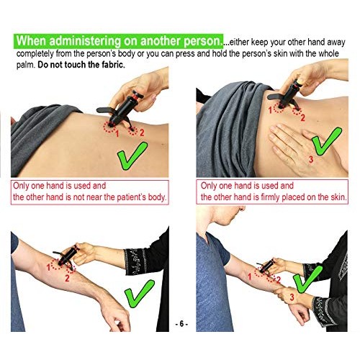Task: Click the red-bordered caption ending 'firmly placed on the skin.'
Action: point(273,191)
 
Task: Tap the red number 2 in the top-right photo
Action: point(302,117)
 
